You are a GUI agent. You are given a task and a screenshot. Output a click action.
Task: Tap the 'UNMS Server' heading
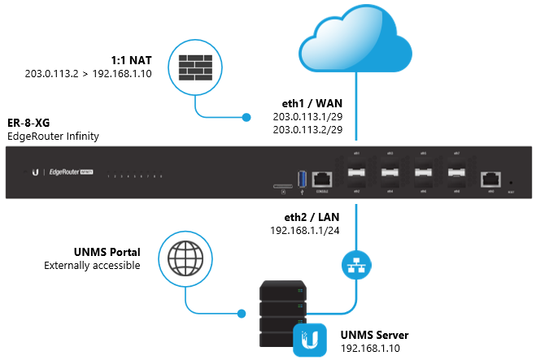pyautogui.click(x=372, y=335)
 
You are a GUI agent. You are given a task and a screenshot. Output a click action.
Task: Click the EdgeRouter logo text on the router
pyautogui.click(x=68, y=172)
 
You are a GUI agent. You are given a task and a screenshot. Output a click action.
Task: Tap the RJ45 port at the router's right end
pyautogui.click(x=490, y=178)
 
